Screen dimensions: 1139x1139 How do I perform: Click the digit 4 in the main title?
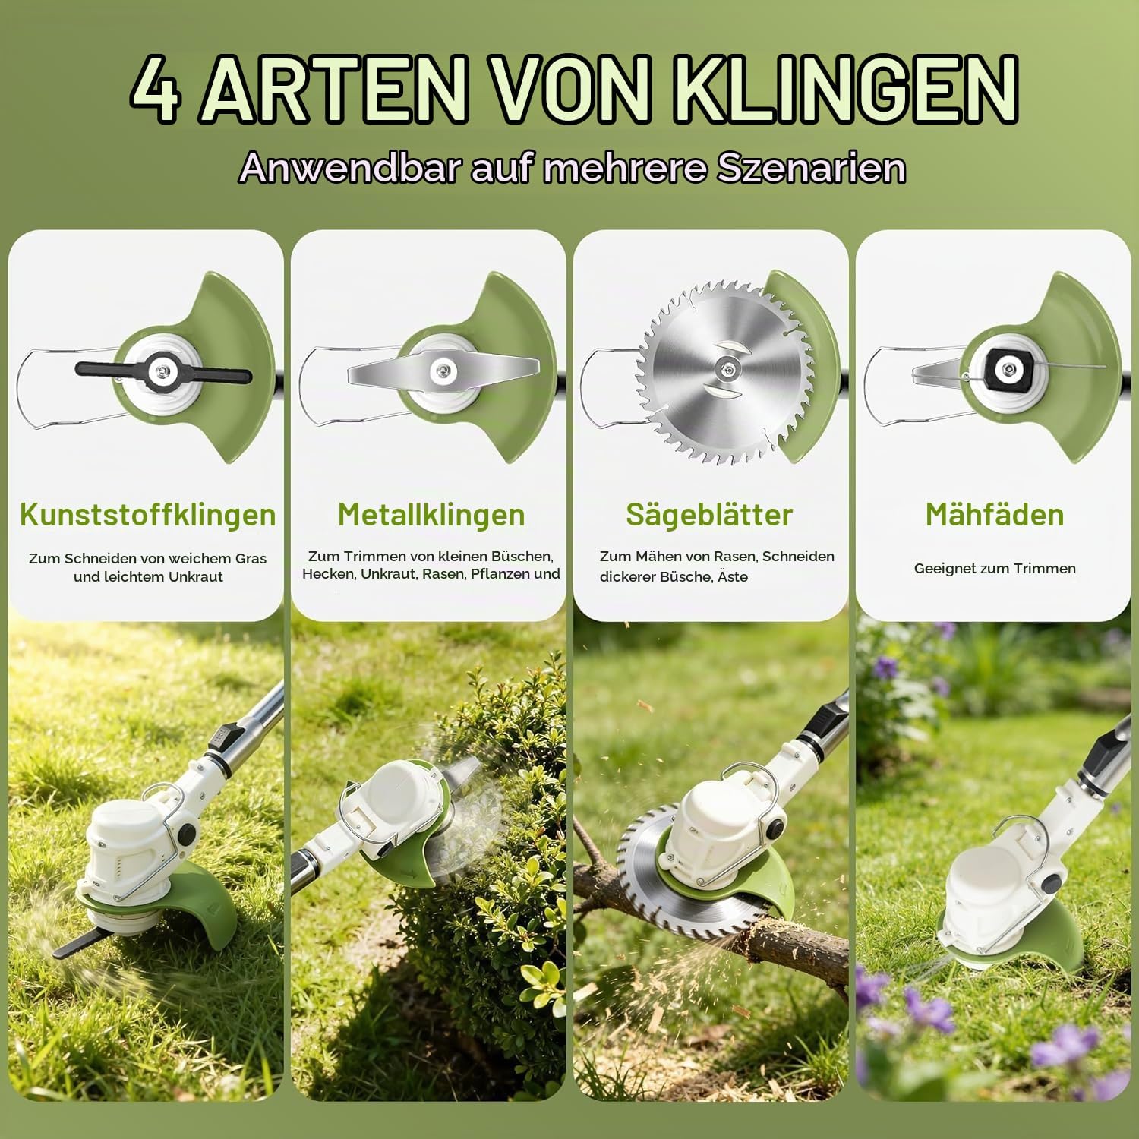pyautogui.click(x=156, y=89)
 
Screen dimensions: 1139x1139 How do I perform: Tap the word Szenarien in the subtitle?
pyautogui.click(x=811, y=167)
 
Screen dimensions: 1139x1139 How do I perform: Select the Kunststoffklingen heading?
pyautogui.click(x=147, y=514)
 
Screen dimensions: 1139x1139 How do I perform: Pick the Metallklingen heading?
pyautogui.click(x=431, y=514)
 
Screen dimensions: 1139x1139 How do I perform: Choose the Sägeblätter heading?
pyautogui.click(x=709, y=515)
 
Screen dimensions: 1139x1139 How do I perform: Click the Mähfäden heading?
pyautogui.click(x=995, y=514)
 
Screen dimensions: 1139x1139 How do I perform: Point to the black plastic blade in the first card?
pyautogui.click(x=163, y=371)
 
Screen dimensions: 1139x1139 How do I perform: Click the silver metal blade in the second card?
pyautogui.click(x=443, y=370)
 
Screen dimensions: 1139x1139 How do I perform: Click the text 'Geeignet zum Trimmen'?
pyautogui.click(x=995, y=568)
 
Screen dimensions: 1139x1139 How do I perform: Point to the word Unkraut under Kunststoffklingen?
pyautogui.click(x=196, y=576)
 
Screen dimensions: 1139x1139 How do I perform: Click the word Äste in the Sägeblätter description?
pyautogui.click(x=733, y=576)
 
